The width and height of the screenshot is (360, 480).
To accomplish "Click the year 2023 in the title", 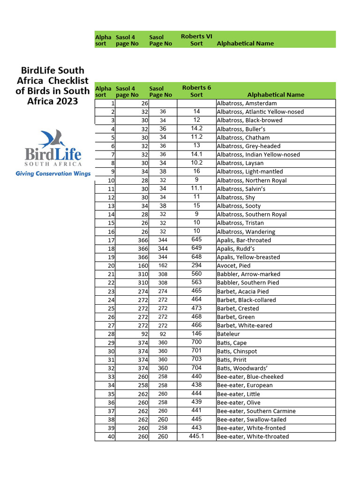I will tap(67, 101).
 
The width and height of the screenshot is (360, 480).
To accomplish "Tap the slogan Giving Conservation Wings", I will tap(52, 173).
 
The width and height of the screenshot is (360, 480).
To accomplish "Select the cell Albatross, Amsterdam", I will tap(247, 103).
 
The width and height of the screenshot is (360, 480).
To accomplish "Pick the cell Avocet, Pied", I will tap(233, 266).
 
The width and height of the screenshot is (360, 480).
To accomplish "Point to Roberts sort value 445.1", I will tap(196, 436).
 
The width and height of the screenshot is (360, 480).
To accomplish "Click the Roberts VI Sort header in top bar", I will tap(196, 40).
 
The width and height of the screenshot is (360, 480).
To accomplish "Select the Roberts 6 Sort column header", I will tap(196, 91).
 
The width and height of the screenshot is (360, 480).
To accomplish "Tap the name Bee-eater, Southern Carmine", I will tap(256, 411).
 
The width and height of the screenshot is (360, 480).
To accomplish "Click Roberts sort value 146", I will tap(196, 334).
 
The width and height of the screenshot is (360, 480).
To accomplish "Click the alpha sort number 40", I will tap(111, 436).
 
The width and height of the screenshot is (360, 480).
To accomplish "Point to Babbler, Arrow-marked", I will tap(248, 274).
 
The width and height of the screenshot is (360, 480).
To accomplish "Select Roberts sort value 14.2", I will tap(196, 128).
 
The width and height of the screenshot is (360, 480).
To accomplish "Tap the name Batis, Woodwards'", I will tap(240, 368).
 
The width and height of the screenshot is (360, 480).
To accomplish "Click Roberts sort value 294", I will tap(196, 266).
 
